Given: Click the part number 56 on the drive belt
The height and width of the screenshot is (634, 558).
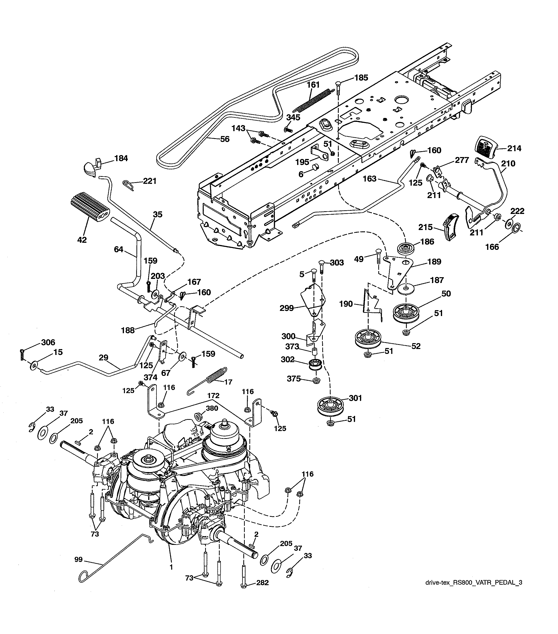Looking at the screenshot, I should point(224,139).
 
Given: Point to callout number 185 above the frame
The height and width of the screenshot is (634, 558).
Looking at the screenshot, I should point(361,78).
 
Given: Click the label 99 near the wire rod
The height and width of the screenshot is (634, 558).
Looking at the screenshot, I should point(78,559).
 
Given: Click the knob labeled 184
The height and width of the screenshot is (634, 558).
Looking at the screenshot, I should point(92,164).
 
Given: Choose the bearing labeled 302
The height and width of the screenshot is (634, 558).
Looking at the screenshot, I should point(315,365).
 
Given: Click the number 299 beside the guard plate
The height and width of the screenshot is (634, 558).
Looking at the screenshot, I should point(286,308).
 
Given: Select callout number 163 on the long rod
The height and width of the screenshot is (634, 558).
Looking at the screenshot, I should point(369,179).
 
